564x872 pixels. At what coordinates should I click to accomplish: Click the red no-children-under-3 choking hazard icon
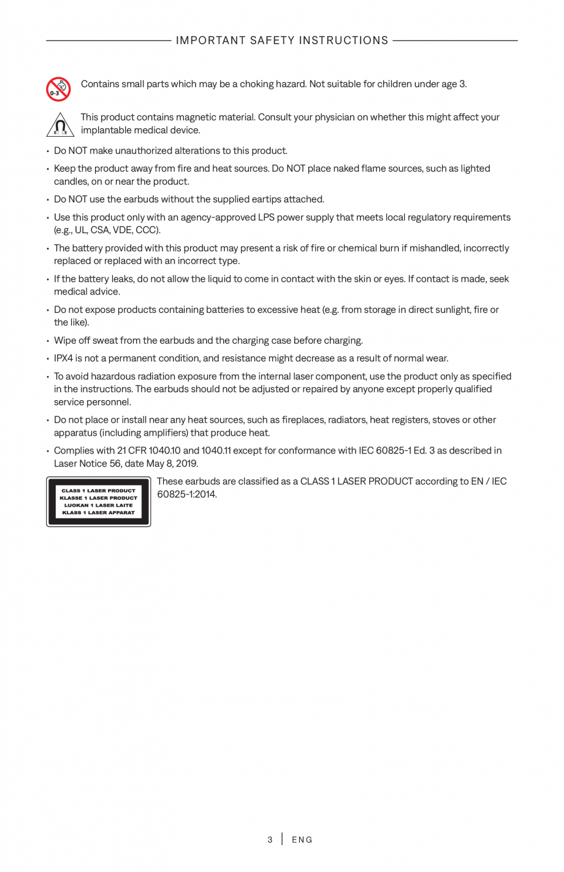tap(58, 89)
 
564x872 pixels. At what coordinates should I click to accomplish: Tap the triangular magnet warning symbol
tap(60, 125)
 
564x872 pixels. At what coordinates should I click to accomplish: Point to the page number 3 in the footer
tap(270, 839)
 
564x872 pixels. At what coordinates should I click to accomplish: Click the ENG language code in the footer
tap(302, 839)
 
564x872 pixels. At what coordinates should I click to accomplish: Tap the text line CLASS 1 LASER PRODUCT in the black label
tap(99, 491)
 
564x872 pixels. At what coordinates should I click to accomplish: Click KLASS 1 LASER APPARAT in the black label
tap(99, 512)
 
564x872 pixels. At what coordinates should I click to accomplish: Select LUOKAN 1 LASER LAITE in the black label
tap(99, 505)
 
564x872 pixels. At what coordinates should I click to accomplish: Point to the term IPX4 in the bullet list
tap(63, 358)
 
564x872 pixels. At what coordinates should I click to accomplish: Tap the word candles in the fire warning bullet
tap(71, 182)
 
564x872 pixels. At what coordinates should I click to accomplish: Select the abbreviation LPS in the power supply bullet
tap(267, 217)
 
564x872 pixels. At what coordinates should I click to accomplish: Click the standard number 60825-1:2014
tap(186, 495)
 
